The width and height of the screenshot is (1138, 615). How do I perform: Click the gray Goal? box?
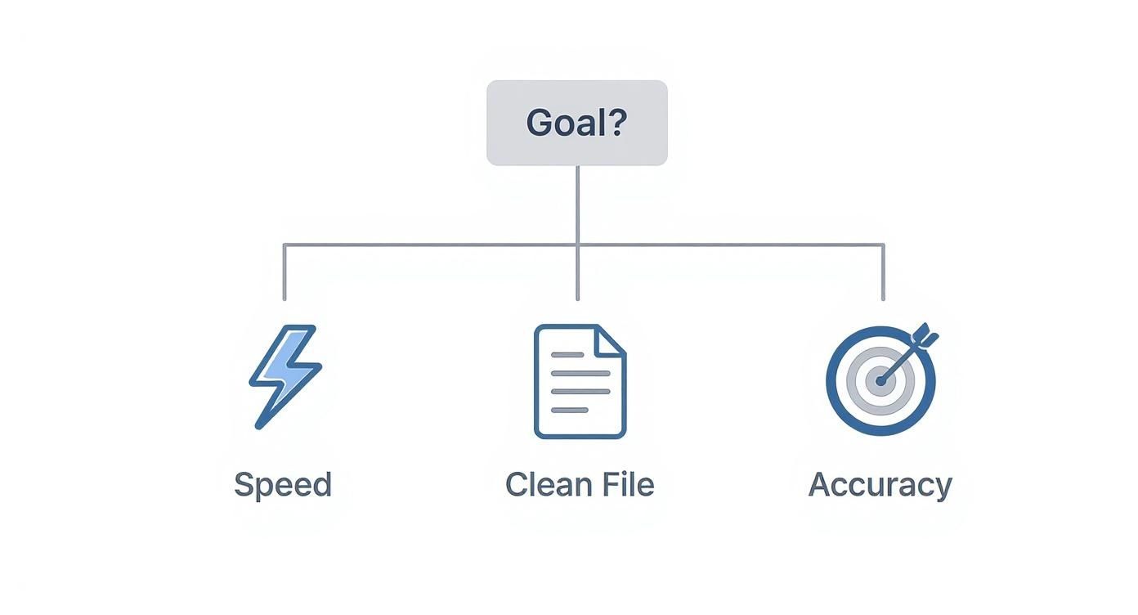pyautogui.click(x=576, y=123)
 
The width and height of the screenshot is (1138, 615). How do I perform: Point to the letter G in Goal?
pyautogui.click(x=538, y=123)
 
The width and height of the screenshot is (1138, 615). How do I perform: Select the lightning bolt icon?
pyautogui.click(x=284, y=375)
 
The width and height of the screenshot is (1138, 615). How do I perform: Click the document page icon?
pyautogui.click(x=580, y=381)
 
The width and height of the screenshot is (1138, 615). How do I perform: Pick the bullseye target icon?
pyautogui.click(x=880, y=381)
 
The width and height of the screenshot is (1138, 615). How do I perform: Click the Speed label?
pyautogui.click(x=283, y=485)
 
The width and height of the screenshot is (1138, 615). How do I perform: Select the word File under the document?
pyautogui.click(x=628, y=485)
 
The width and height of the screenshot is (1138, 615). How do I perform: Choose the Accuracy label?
pyautogui.click(x=880, y=485)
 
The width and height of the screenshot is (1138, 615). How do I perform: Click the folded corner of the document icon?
pyautogui.click(x=612, y=339)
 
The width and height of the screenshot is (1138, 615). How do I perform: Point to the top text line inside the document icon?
pyautogui.click(x=568, y=355)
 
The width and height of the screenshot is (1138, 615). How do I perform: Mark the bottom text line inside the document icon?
pyautogui.click(x=570, y=410)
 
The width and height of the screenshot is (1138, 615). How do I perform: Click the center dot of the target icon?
pyautogui.click(x=880, y=381)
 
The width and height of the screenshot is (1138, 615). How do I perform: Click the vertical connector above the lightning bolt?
pyautogui.click(x=284, y=272)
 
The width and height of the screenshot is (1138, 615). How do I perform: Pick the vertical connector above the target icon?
pyautogui.click(x=883, y=272)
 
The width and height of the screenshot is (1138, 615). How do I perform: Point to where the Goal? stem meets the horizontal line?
pyautogui.click(x=577, y=245)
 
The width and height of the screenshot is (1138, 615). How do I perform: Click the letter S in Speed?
pyautogui.click(x=243, y=485)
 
